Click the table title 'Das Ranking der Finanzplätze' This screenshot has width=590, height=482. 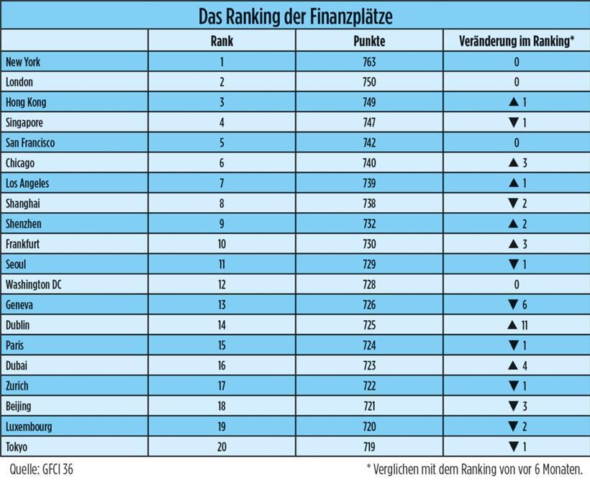click(x=295, y=15)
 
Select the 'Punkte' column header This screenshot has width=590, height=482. click(x=370, y=41)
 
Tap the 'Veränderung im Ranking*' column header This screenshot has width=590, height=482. click(x=516, y=41)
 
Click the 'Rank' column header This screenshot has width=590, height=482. click(x=222, y=41)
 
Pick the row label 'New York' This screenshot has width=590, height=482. click(x=23, y=62)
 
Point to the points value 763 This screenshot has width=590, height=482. click(x=370, y=62)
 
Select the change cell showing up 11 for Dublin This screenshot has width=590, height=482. click(x=516, y=325)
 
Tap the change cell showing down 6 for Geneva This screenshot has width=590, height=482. click(x=516, y=305)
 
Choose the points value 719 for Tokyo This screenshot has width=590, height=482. click(x=370, y=447)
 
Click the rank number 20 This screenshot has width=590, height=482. click(x=222, y=447)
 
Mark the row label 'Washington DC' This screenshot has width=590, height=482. click(x=33, y=285)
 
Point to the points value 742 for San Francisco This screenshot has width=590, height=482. click(x=370, y=142)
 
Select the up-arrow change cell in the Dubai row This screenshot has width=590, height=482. click(x=516, y=366)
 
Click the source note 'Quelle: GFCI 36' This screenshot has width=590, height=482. click(x=40, y=469)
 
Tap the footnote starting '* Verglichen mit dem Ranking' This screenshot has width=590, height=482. click(x=476, y=469)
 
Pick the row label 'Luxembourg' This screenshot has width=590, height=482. click(x=28, y=427)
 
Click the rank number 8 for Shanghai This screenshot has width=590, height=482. click(x=222, y=204)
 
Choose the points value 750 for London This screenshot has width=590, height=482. click(x=370, y=82)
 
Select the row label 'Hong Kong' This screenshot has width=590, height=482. click(x=25, y=102)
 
